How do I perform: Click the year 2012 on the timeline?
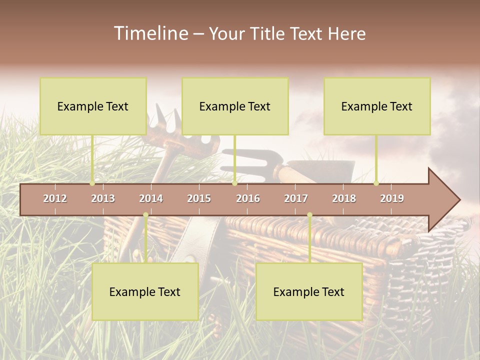[x=55, y=198]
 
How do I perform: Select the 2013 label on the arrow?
[x=103, y=198]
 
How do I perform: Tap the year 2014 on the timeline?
[x=151, y=198]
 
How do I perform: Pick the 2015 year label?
[x=199, y=198]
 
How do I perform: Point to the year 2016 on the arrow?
[x=248, y=198]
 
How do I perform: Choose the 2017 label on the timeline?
[x=296, y=198]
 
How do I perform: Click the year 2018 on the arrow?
[x=344, y=198]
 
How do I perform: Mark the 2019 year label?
[x=392, y=198]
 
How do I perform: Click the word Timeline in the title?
[x=150, y=33]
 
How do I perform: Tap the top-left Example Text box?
[x=93, y=106]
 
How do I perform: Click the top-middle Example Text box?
[x=235, y=106]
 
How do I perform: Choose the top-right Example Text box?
[x=377, y=106]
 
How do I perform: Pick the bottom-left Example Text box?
[x=145, y=291]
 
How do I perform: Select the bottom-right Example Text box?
[x=309, y=291]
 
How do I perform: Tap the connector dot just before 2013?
[x=92, y=183]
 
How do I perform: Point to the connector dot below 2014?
[x=145, y=215]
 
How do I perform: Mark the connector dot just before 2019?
[x=376, y=183]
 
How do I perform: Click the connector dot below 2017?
[x=309, y=215]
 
